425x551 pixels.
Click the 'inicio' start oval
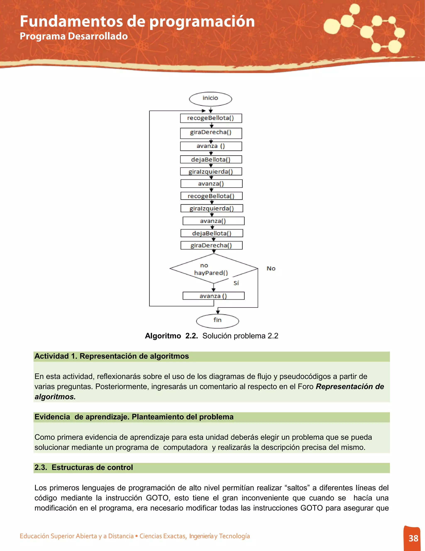[x=210, y=99]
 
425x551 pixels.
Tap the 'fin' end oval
[x=217, y=321]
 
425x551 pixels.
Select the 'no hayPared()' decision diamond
[x=214, y=269]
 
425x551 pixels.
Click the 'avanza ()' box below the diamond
[x=214, y=296]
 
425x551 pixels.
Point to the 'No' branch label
[x=271, y=268]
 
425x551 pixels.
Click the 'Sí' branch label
[x=236, y=283]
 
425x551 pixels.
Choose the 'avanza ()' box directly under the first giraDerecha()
[x=211, y=146]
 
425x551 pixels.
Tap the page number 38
[x=413, y=538]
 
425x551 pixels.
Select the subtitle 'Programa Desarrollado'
[x=74, y=36]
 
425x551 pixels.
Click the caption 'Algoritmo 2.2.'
[x=171, y=336]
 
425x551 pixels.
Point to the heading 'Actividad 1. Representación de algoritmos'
[x=111, y=356]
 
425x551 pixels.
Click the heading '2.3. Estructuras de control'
[x=84, y=467]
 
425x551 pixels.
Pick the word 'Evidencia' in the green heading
[x=52, y=417]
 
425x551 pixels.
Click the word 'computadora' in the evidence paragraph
[x=185, y=447]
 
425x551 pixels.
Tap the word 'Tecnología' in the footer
[x=234, y=536]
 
